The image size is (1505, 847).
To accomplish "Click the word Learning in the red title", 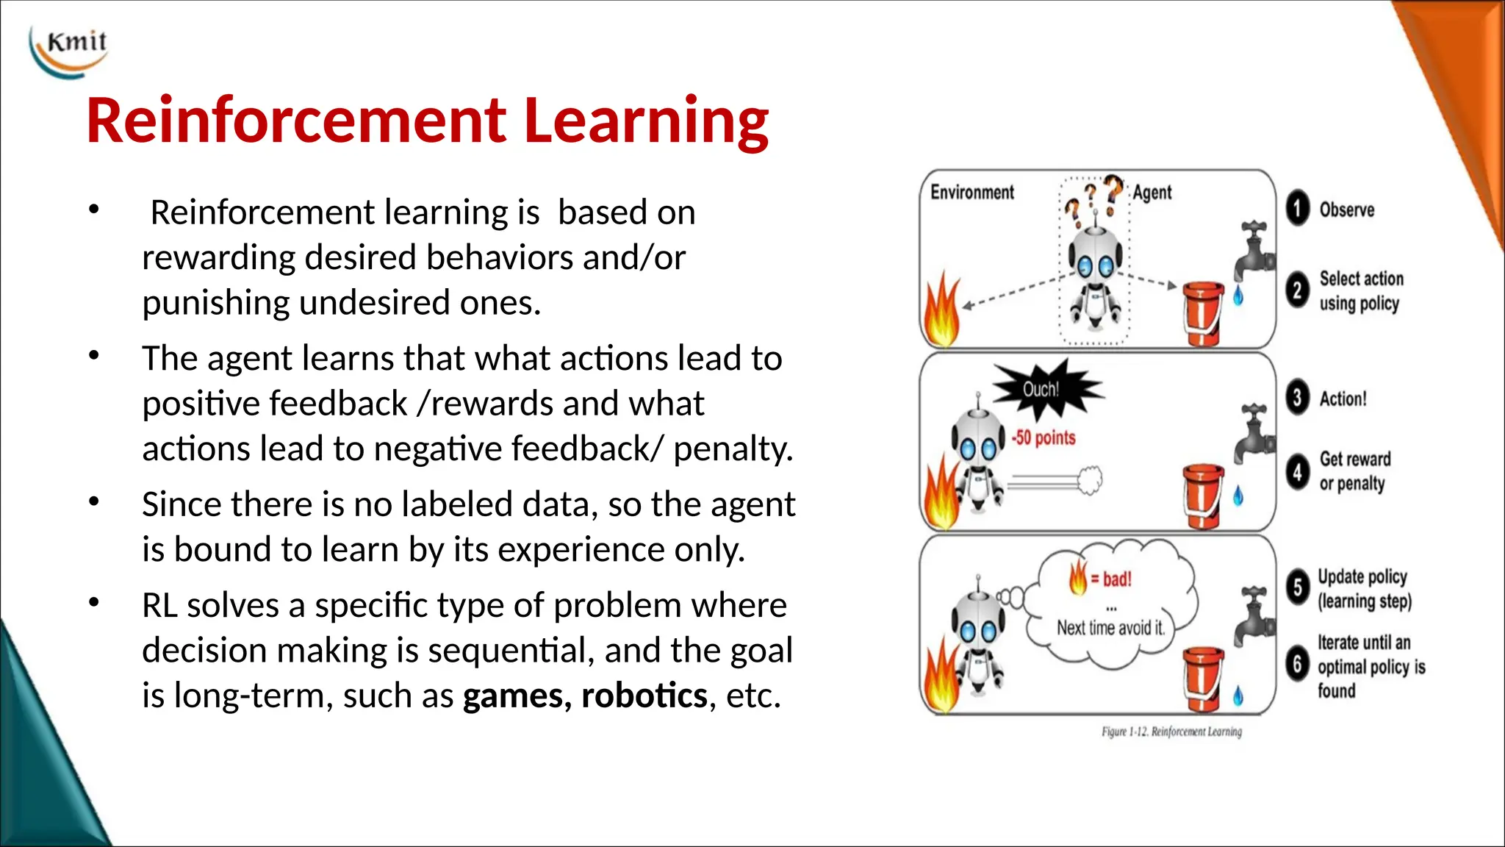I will [x=646, y=121].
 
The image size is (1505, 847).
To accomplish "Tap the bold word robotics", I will [x=644, y=696].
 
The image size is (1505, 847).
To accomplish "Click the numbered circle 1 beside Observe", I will [x=1298, y=209].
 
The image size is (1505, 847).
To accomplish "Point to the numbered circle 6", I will [x=1298, y=665].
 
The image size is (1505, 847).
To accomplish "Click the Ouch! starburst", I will [x=1044, y=389].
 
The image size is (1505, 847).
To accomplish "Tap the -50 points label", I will [x=1044, y=438].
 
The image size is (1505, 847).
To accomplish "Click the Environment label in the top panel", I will [x=971, y=193].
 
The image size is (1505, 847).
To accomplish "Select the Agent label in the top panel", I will [x=1152, y=193].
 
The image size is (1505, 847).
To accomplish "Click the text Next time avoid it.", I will [x=1110, y=628].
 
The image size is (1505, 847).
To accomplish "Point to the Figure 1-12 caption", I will [x=1171, y=732].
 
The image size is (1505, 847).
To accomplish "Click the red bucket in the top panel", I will [x=1202, y=312].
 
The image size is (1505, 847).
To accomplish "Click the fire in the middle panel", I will [x=941, y=493].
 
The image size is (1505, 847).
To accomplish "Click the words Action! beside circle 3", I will [x=1343, y=399].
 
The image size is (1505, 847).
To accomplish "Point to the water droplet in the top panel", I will [x=1238, y=296].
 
